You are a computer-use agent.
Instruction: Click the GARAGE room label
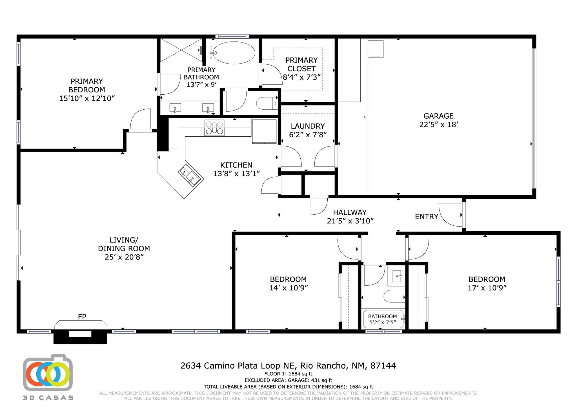pos(438,116)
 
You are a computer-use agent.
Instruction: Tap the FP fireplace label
pos(82,317)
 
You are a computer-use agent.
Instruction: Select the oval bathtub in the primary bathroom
pos(234,53)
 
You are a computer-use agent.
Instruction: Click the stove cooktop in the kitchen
pos(214,128)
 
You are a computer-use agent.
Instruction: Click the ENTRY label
pos(426,217)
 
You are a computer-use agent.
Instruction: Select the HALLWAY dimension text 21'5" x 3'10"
pos(350,221)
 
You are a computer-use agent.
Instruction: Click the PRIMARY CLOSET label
pos(301,64)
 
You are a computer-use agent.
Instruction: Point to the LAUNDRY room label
pos(308,126)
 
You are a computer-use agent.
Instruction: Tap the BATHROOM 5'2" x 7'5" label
pos(382,319)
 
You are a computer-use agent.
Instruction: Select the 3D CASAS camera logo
pos(48,373)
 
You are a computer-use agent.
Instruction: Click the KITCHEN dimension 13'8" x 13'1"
pos(236,174)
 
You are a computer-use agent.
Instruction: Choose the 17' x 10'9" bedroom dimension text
pos(487,288)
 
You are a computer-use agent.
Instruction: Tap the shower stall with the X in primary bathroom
pos(181,50)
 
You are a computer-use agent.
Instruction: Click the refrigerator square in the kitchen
pos(264,131)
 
